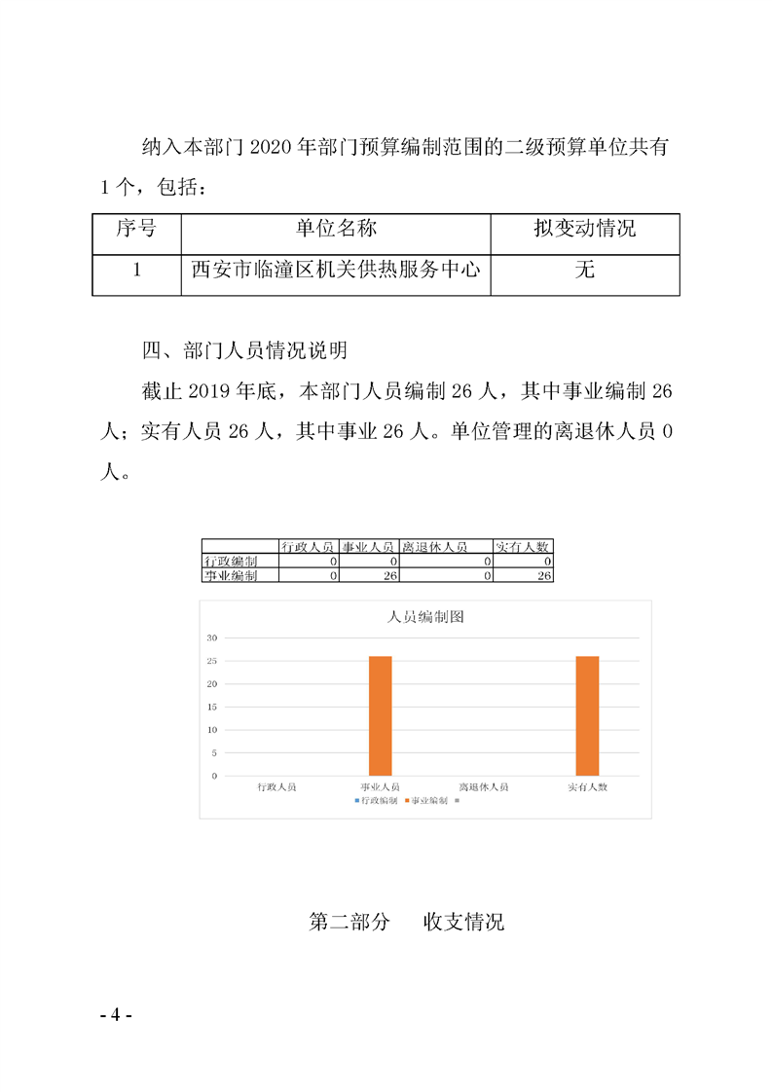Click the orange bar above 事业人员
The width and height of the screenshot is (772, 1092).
point(380,715)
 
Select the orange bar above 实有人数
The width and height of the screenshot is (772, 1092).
point(587,715)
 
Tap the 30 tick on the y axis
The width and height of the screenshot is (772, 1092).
point(211,637)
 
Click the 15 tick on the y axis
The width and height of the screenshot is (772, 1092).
point(211,707)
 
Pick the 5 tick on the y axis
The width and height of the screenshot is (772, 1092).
point(213,752)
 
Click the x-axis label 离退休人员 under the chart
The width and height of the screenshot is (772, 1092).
point(484,786)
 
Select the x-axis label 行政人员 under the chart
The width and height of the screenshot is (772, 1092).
point(276,786)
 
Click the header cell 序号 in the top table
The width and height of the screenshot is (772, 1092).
point(136,230)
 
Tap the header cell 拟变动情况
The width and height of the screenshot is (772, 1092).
point(584,230)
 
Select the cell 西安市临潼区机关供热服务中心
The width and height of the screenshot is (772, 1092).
point(336,271)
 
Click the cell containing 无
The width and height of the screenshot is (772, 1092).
point(584,271)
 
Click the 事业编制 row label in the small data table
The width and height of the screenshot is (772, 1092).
point(231,576)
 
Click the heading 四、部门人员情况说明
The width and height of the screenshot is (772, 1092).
point(245,350)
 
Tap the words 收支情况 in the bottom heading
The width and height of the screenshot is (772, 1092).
point(463,922)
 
